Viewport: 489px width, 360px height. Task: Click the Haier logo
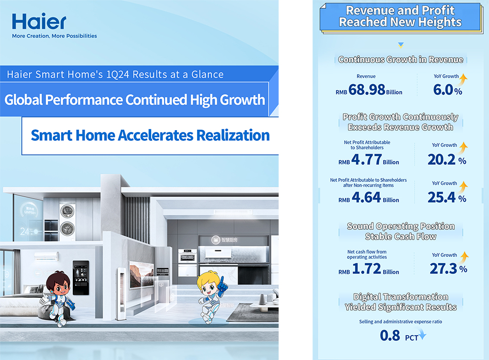click(x=39, y=21)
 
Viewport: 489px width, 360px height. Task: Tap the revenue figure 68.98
click(x=367, y=90)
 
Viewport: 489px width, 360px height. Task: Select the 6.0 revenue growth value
click(x=443, y=90)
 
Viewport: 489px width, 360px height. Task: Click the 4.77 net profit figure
click(x=366, y=159)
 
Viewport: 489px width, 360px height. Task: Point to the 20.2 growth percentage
click(x=442, y=159)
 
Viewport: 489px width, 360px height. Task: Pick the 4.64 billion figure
click(x=366, y=197)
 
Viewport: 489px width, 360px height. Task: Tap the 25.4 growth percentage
click(x=442, y=197)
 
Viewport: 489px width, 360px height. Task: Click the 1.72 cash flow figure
click(x=367, y=269)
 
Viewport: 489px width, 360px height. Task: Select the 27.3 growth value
click(x=443, y=269)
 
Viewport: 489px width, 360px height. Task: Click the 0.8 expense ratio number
click(x=390, y=336)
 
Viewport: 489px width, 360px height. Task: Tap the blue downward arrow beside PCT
click(x=423, y=335)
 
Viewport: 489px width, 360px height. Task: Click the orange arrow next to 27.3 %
click(x=465, y=257)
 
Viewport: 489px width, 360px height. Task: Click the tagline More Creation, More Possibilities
click(x=54, y=36)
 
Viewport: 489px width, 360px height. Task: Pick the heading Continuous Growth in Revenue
click(x=401, y=59)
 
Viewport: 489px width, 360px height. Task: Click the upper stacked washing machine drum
click(x=67, y=211)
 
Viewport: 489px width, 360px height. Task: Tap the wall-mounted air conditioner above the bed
click(x=46, y=256)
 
